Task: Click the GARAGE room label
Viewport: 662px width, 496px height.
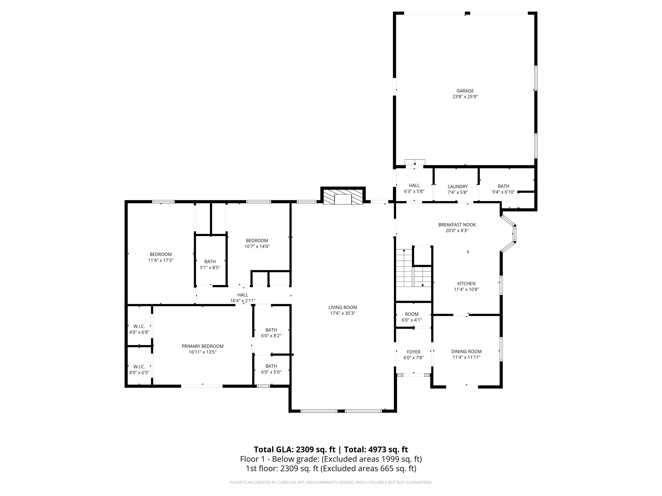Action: pyautogui.click(x=465, y=91)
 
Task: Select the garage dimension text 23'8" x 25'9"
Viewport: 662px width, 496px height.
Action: pyautogui.click(x=465, y=97)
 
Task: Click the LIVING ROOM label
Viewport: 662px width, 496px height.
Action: pyautogui.click(x=342, y=307)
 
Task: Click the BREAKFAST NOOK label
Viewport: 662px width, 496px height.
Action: pyautogui.click(x=457, y=225)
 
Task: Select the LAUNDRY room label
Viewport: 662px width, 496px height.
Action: pyautogui.click(x=457, y=186)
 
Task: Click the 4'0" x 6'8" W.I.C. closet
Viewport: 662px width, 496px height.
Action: pyautogui.click(x=139, y=329)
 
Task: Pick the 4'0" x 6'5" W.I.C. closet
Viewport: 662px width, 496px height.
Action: pyautogui.click(x=139, y=369)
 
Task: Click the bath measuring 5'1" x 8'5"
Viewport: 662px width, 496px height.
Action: pyautogui.click(x=210, y=264)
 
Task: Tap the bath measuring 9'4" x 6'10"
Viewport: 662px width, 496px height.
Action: pyautogui.click(x=503, y=189)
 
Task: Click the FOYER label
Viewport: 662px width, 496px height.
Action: pyautogui.click(x=413, y=352)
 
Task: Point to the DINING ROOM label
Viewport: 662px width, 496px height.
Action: pyautogui.click(x=466, y=352)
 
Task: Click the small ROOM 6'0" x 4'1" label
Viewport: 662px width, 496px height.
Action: pyautogui.click(x=412, y=314)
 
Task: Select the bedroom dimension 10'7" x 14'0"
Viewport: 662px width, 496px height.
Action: pyautogui.click(x=257, y=247)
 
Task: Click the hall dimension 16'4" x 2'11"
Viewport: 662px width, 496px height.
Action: pyautogui.click(x=243, y=301)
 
